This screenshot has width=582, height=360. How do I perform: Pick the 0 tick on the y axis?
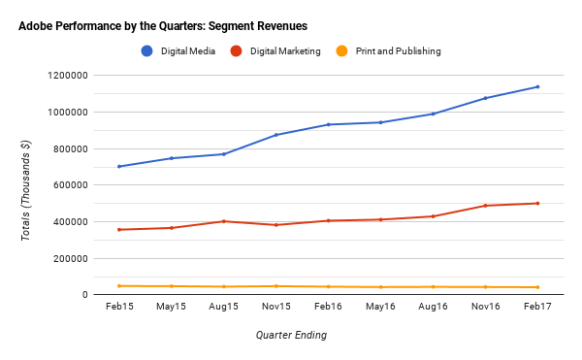pyautogui.click(x=85, y=295)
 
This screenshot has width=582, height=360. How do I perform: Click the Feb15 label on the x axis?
pyautogui.click(x=119, y=308)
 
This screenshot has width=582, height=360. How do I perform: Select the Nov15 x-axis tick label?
pyautogui.click(x=276, y=308)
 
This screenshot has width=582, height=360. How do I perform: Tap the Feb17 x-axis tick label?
pyautogui.click(x=537, y=308)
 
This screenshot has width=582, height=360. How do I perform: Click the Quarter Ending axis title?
pyautogui.click(x=291, y=336)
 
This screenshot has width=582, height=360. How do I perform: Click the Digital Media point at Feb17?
pyautogui.click(x=537, y=87)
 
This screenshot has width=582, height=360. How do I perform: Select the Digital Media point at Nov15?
pyautogui.click(x=276, y=135)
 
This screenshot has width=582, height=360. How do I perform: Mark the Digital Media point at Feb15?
pyautogui.click(x=119, y=167)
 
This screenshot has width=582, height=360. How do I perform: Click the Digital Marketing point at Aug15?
pyautogui.click(x=224, y=221)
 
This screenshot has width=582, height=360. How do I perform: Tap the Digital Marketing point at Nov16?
pyautogui.click(x=485, y=206)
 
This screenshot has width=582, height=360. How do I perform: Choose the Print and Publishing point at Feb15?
pyautogui.click(x=119, y=286)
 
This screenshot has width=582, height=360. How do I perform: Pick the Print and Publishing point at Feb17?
pyautogui.click(x=537, y=287)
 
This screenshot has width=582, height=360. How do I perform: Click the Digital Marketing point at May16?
pyautogui.click(x=380, y=219)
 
